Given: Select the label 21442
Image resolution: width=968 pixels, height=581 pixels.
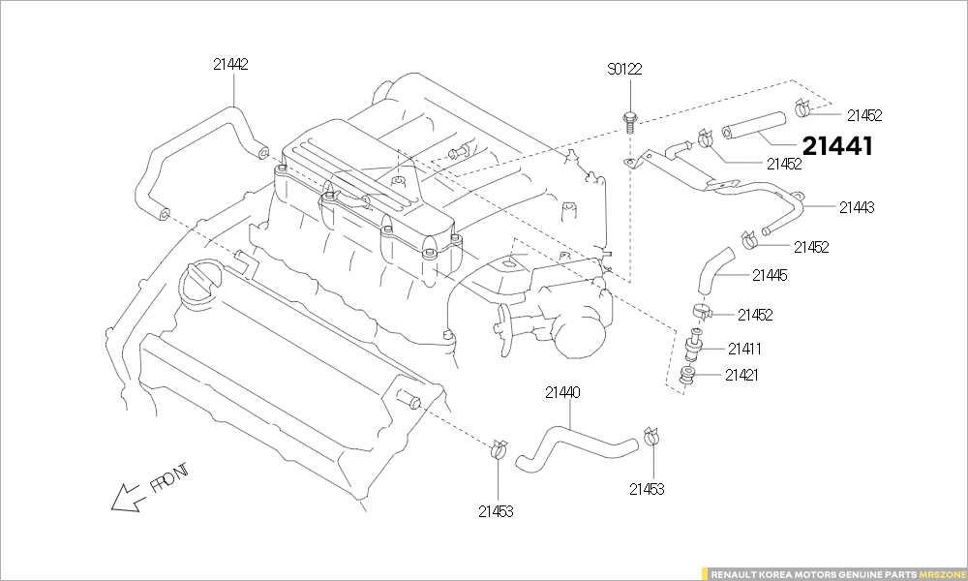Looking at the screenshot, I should click(x=230, y=65).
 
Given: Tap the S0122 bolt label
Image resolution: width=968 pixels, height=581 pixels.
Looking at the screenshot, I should click(x=624, y=70).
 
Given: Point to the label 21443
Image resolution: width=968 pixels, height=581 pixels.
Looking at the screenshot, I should click(x=857, y=207).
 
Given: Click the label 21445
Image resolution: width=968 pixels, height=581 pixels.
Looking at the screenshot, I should click(x=770, y=276).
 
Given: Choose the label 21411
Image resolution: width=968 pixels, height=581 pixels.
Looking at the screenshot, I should click(x=745, y=349).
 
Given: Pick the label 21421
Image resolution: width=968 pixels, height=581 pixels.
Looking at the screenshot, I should click(x=743, y=375).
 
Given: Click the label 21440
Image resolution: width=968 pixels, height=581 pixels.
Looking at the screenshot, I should click(x=562, y=393).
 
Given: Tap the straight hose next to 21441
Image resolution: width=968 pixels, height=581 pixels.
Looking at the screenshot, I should click(x=752, y=126).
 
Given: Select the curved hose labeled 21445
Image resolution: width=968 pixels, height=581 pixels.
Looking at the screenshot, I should click(x=713, y=269).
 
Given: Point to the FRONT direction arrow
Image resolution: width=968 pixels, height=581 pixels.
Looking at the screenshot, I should click(x=127, y=497).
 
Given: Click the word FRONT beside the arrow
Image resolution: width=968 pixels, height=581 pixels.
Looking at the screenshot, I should click(x=169, y=477).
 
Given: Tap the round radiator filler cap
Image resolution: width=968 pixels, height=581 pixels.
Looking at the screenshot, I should click(x=199, y=286).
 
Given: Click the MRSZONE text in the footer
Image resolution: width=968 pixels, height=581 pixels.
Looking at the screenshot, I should click(x=941, y=573).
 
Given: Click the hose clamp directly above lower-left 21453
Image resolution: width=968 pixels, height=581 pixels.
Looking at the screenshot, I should click(x=499, y=448).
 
